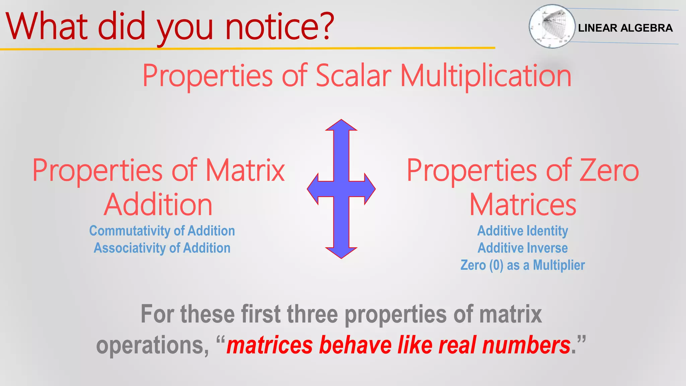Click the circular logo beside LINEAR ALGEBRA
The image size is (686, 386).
(552, 26)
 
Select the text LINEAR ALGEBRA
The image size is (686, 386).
(625, 28)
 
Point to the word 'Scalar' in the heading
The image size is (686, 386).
(353, 76)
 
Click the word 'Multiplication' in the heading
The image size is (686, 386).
(486, 76)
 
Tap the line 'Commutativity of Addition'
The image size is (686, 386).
(162, 231)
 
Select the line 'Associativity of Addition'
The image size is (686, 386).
(162, 248)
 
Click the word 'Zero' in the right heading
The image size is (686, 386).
(609, 170)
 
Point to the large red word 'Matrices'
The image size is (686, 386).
(523, 205)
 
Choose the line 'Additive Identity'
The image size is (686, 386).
(523, 231)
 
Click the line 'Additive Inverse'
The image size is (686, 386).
(523, 248)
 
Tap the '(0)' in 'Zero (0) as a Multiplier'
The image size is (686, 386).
(496, 265)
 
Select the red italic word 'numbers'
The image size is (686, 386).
(526, 345)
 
